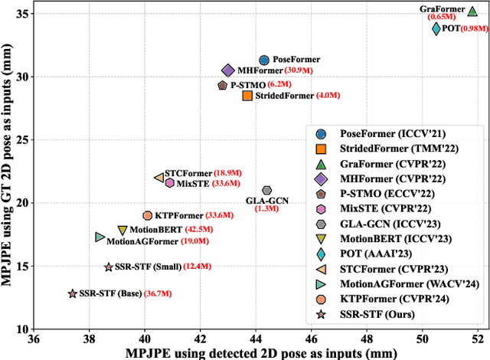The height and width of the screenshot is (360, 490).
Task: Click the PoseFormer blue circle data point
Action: (x=264, y=60)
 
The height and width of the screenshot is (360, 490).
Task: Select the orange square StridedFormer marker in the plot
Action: (x=247, y=96)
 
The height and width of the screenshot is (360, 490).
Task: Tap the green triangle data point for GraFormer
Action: (x=472, y=11)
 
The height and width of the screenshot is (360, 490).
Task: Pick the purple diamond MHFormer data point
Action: (x=227, y=70)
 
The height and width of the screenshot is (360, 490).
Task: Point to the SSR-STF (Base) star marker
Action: (x=73, y=294)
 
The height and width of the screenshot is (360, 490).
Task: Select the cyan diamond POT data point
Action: (x=436, y=28)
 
